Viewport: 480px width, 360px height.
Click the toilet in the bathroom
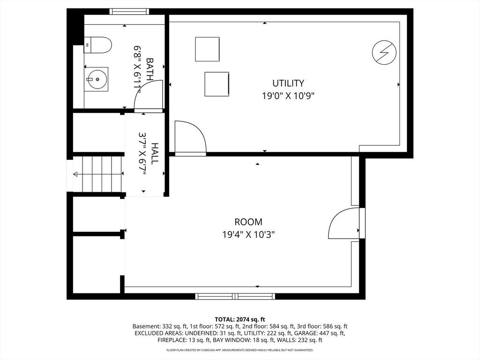point(97,45)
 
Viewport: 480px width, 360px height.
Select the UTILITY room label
point(288,83)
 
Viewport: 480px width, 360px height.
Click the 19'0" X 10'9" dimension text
point(288,96)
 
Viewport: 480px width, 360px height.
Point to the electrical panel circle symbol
point(384,52)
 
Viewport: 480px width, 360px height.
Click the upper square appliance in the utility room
point(207,49)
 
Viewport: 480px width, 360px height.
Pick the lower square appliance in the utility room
point(217,84)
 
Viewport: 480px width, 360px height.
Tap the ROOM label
point(248,222)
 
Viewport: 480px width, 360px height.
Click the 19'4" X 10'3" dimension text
point(248,235)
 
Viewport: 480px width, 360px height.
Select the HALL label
point(155,154)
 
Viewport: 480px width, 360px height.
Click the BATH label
point(150,69)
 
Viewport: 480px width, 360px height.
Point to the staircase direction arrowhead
point(75,174)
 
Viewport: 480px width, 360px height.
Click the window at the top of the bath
point(129,12)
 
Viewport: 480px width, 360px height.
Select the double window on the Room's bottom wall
point(235,296)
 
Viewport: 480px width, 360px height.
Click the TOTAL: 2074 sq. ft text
point(240,320)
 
